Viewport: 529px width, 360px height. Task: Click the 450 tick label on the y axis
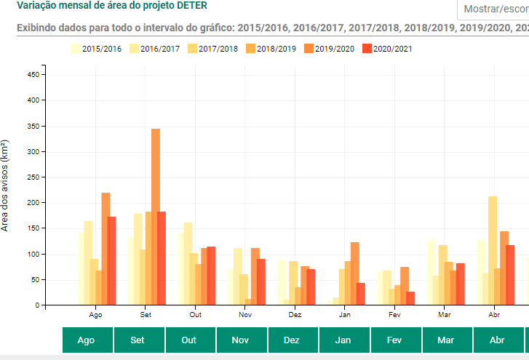click(x=31, y=74)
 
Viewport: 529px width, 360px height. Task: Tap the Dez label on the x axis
click(x=295, y=316)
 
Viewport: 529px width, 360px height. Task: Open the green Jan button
click(x=344, y=340)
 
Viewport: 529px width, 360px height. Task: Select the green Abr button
click(x=498, y=340)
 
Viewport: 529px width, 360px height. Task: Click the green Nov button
click(x=242, y=340)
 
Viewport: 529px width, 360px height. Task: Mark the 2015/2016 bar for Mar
click(x=431, y=273)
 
